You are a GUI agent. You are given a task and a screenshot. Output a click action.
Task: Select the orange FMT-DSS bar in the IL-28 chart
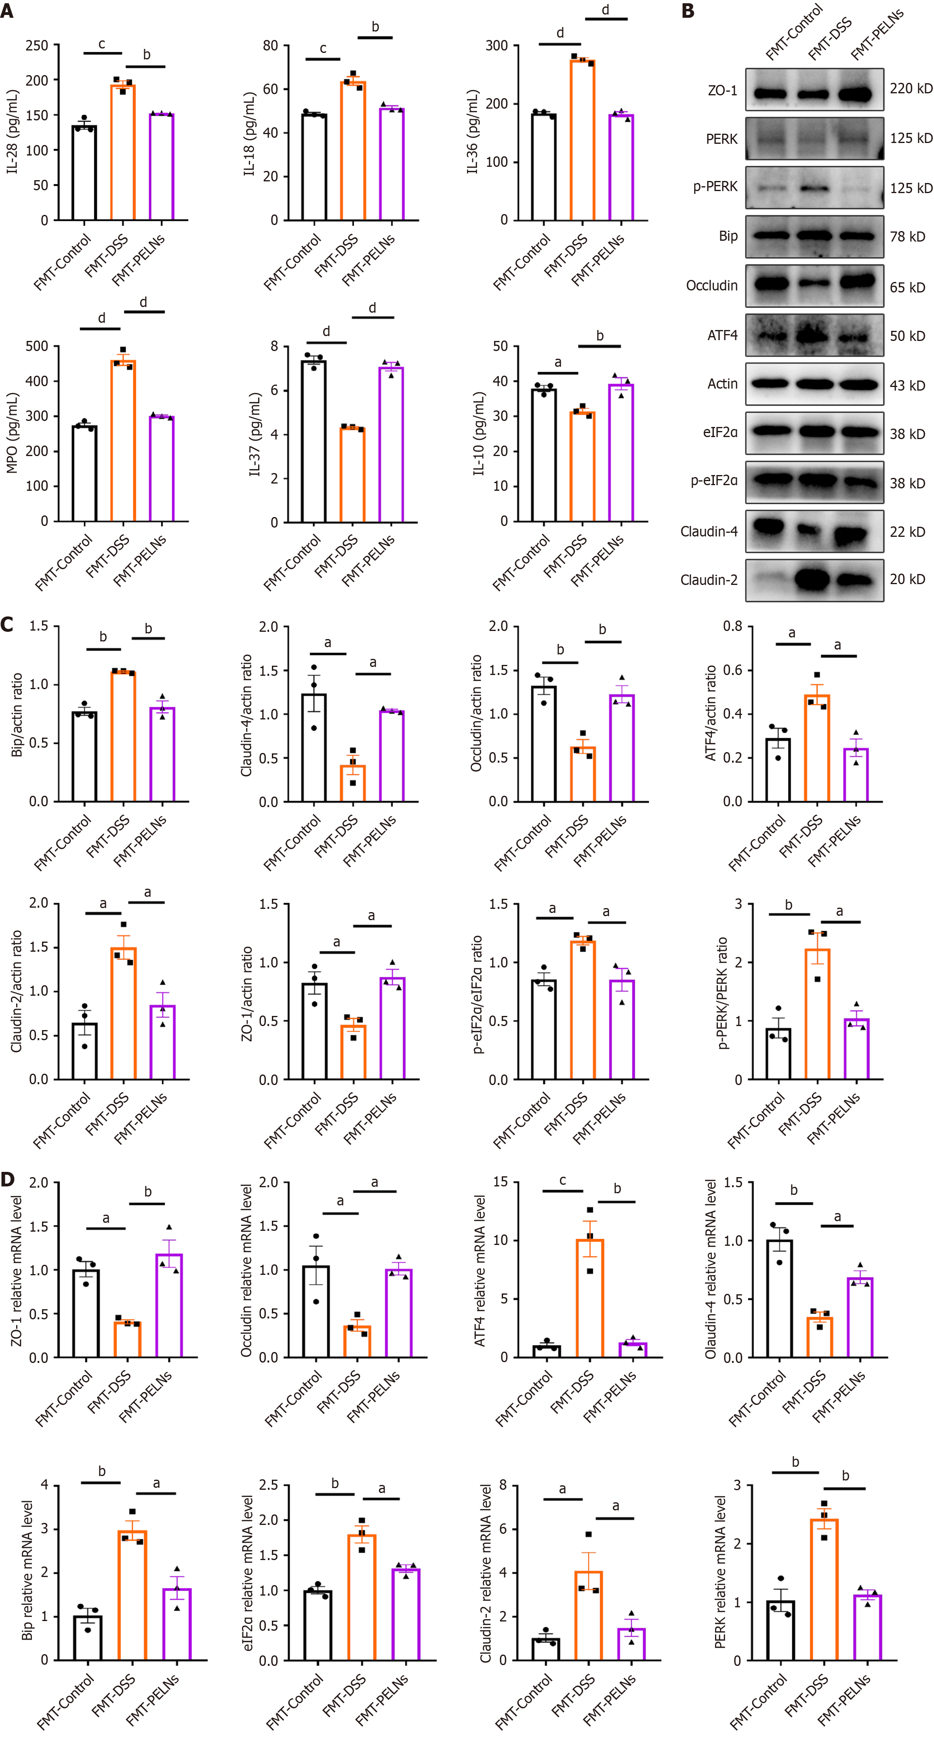123,152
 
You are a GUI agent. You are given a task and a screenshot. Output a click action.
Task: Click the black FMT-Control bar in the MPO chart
84,473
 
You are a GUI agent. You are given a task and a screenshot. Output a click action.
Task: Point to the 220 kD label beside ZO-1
911,88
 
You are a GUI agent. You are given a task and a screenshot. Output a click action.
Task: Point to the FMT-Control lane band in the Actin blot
770,384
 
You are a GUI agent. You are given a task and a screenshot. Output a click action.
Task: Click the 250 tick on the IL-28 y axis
37,46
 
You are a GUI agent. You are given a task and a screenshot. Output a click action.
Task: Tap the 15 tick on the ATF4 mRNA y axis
501,1182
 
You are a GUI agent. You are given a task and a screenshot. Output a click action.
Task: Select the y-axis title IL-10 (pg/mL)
478,433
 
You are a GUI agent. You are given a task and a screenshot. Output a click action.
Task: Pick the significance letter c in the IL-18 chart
323,48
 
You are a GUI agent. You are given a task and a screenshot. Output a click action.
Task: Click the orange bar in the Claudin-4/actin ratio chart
353,784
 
